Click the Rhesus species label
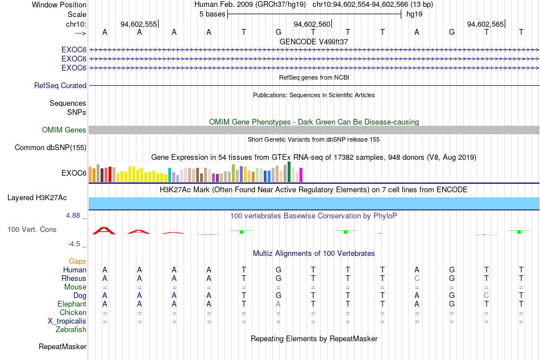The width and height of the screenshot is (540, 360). (x=74, y=278)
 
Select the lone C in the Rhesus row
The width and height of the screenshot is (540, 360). (x=417, y=278)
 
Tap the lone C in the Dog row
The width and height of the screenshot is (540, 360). (x=486, y=296)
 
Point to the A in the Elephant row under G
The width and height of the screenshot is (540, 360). (x=279, y=304)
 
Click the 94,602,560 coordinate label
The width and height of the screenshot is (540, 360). (x=312, y=24)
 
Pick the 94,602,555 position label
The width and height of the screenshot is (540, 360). (x=139, y=24)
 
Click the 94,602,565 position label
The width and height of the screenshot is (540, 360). (x=485, y=24)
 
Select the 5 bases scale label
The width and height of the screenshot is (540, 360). (x=212, y=14)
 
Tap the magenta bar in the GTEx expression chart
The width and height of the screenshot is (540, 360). (x=301, y=175)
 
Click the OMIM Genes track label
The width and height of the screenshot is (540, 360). (x=64, y=130)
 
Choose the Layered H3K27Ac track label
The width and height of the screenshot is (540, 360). (x=37, y=198)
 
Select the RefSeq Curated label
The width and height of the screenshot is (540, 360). (x=60, y=85)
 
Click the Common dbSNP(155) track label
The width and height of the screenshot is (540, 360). (x=51, y=148)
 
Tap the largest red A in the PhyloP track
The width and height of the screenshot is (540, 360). (x=104, y=231)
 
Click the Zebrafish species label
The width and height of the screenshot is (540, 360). (x=71, y=330)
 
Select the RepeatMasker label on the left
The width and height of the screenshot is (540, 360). (x=63, y=346)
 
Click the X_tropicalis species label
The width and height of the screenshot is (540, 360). (x=67, y=321)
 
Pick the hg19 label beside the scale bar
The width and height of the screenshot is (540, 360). (x=414, y=14)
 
